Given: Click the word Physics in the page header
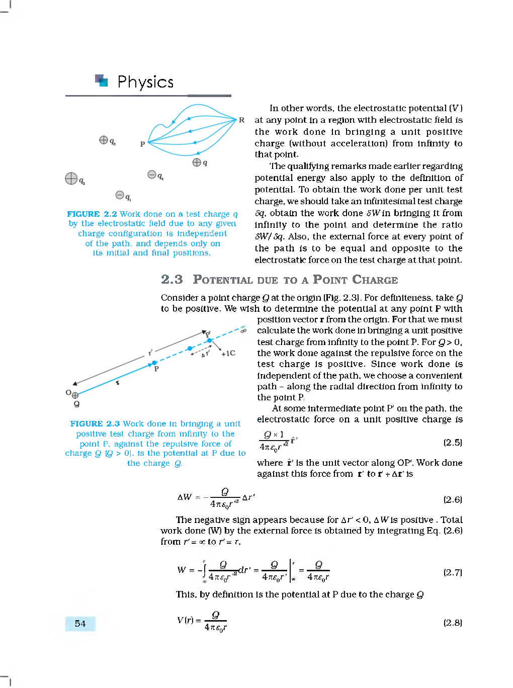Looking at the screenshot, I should pos(145,82).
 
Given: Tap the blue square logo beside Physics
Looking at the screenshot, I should pos(102,80).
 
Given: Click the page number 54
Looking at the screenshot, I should pos(80,624).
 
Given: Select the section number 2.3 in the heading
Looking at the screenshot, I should pos(172,280).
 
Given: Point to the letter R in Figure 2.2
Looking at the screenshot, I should pos(241,120).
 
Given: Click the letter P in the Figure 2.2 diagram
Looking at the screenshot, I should pos(142,144).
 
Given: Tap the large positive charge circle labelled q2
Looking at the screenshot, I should pos(71,179).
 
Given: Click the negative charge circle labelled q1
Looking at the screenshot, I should pos(120,195).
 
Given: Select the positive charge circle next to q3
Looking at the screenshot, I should pos(103,140).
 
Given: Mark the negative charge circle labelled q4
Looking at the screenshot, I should pos(151,174).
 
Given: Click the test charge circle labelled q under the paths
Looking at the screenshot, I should pos(197,162).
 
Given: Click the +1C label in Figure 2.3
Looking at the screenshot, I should pos(228,353).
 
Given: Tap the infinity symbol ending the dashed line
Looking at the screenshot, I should pos(243,330).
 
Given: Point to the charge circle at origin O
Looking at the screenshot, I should pos(75,395).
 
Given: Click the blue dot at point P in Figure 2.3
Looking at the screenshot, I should pos(154,363).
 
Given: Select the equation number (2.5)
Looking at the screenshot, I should pos(452,443).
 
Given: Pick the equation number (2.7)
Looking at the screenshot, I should pos(452,572).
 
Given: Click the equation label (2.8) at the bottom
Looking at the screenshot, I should pos(452,623).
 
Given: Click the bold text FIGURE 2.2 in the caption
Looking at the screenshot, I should pos(92,214).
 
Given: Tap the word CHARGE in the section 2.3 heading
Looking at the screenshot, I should pos(375,280).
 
